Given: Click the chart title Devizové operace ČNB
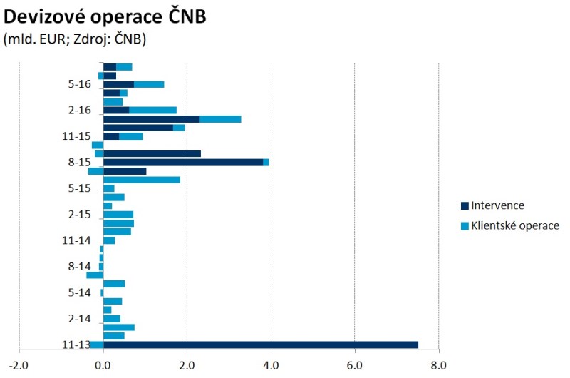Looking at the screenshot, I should click(105, 17).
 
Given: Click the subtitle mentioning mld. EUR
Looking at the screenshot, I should click(75, 40).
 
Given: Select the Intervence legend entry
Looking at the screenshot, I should click(493, 205).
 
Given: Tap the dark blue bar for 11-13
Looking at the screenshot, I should click(261, 344).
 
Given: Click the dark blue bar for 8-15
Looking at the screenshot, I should click(183, 162).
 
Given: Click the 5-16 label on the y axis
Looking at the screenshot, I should click(80, 84).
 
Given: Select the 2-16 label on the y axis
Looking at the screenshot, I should click(80, 110).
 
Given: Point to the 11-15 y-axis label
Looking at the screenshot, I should click(77, 136).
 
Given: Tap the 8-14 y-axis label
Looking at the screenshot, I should click(80, 266).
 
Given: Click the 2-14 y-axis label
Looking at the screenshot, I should click(80, 319).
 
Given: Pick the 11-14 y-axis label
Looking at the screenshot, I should click(77, 240).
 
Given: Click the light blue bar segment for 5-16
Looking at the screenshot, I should click(149, 84).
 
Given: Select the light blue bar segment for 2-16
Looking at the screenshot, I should click(152, 110).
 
